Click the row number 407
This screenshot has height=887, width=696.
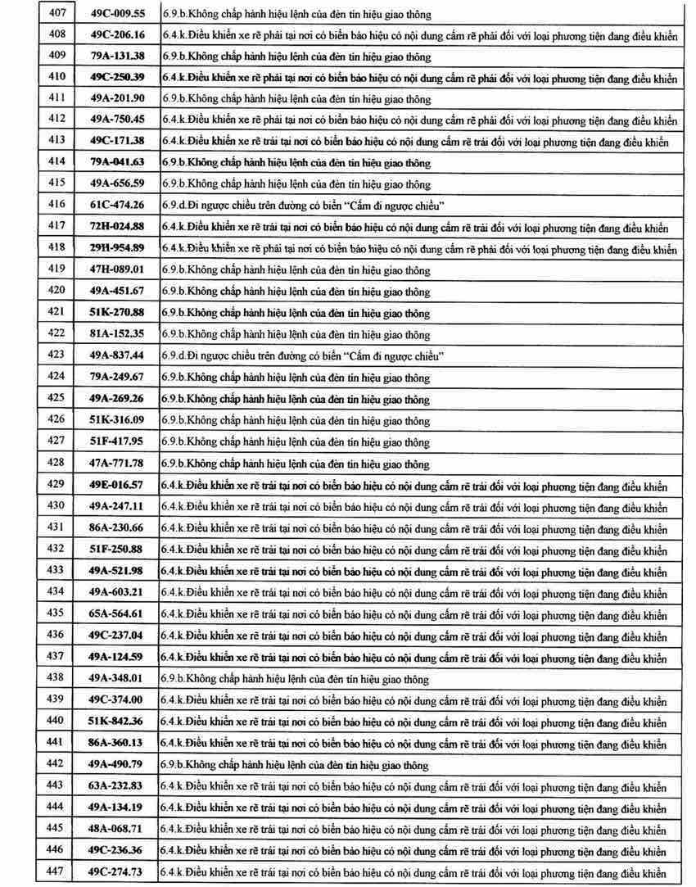tap(56, 14)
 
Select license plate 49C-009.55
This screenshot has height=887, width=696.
tap(116, 14)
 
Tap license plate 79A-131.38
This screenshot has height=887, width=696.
tap(116, 57)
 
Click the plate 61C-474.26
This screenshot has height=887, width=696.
tap(116, 205)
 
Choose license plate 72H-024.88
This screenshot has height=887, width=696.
tap(116, 227)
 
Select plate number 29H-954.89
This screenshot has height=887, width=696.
tap(116, 248)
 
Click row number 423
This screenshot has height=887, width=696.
tap(56, 355)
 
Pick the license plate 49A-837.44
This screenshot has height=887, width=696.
tap(116, 355)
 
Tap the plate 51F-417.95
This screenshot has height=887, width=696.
tap(116, 441)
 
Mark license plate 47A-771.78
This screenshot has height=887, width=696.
tap(116, 464)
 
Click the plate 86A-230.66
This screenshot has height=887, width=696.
tap(116, 527)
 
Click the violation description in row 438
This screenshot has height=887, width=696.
tap(296, 679)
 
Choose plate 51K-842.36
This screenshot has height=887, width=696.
tap(116, 722)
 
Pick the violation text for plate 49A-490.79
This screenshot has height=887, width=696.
tap(296, 765)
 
